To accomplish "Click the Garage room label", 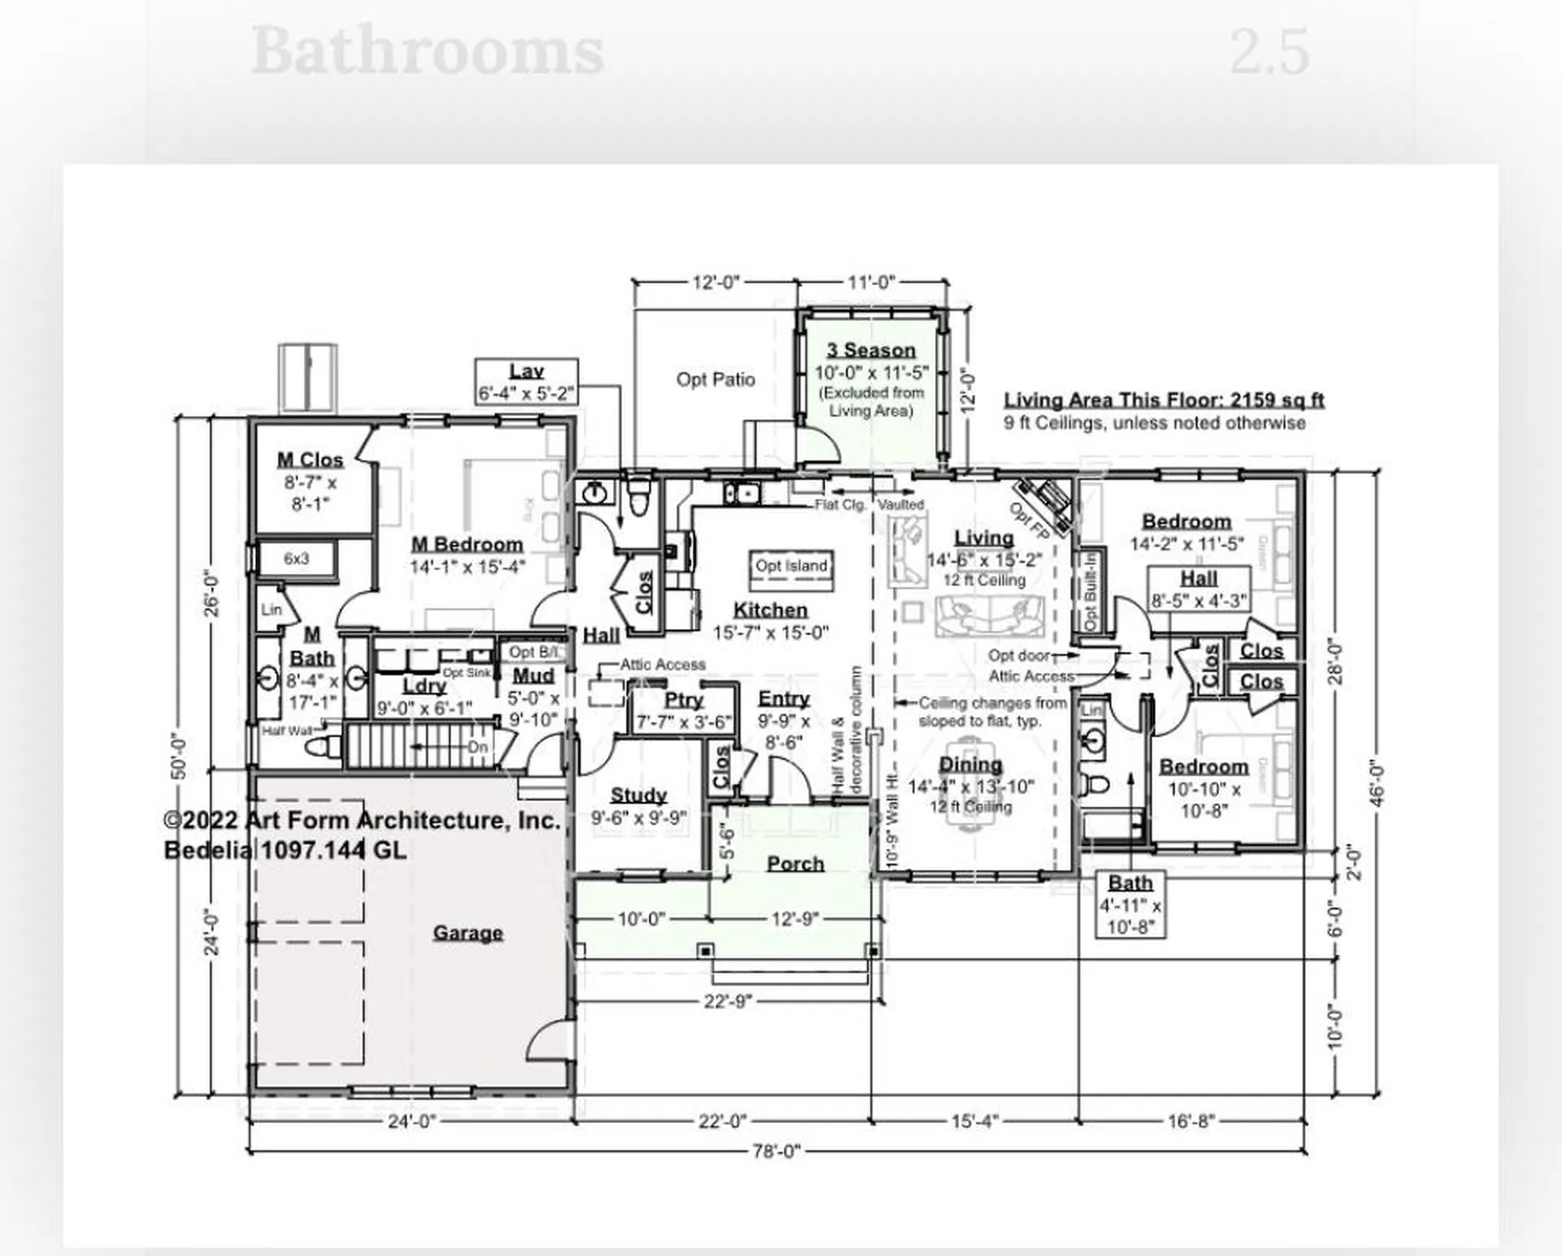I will pyautogui.click(x=467, y=932).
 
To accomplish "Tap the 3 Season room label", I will pyautogui.click(x=871, y=351).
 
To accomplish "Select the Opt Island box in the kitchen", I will pyautogui.click(x=791, y=566).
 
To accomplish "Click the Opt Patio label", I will pyautogui.click(x=715, y=379).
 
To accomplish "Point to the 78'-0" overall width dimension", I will pyautogui.click(x=776, y=1151).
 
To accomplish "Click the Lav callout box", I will pyautogui.click(x=526, y=382).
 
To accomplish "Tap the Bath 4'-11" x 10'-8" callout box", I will pyautogui.click(x=1130, y=905).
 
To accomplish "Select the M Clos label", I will pyautogui.click(x=310, y=460).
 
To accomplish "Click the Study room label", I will pyautogui.click(x=639, y=795).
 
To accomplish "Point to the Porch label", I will pyautogui.click(x=796, y=864).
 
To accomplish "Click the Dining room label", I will pyautogui.click(x=971, y=765).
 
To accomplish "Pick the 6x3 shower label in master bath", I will pyautogui.click(x=296, y=559).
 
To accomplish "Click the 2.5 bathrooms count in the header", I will pyautogui.click(x=1269, y=52).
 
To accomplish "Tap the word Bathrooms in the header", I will pyautogui.click(x=427, y=52).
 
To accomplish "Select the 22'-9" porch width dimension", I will pyautogui.click(x=727, y=1001).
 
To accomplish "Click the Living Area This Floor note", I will pyautogui.click(x=1163, y=400).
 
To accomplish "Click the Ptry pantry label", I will pyautogui.click(x=683, y=700).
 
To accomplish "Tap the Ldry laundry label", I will pyautogui.click(x=424, y=686).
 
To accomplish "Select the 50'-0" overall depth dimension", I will pyautogui.click(x=180, y=757).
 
